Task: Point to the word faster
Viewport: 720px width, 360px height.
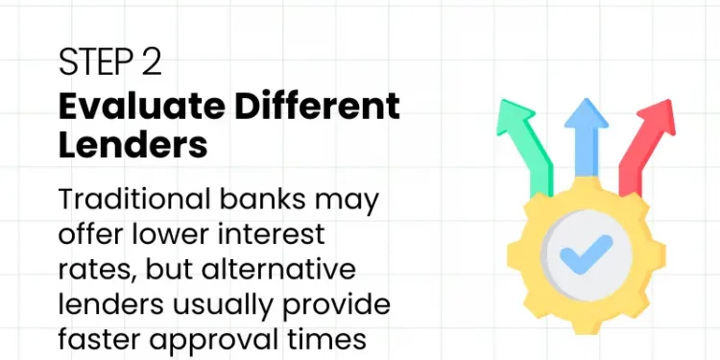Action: [x=101, y=340]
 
